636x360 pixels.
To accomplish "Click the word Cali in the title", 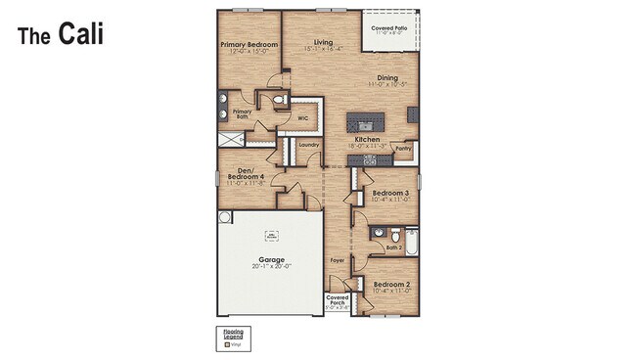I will [x=80, y=33].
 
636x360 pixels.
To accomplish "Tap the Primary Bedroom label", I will [x=249, y=45].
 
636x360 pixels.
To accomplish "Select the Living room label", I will [x=323, y=42].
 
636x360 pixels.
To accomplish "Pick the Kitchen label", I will [x=367, y=140].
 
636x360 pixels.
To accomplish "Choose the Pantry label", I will [x=403, y=149].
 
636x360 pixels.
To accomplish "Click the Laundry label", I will [x=309, y=146].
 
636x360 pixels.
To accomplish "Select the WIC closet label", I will [x=303, y=117].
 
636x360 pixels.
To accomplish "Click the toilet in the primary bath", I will [x=278, y=101].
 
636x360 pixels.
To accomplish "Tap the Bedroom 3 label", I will [x=390, y=194].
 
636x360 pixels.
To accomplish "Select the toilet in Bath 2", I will [x=392, y=235].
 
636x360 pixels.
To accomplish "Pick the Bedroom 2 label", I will [x=390, y=285].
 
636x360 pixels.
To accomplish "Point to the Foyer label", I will [x=337, y=260].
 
